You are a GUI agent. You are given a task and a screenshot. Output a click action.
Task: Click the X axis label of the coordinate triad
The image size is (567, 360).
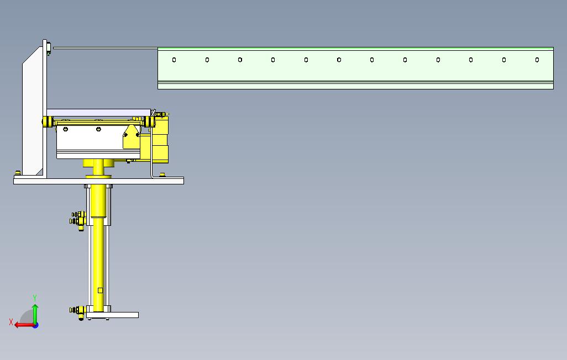(11, 321)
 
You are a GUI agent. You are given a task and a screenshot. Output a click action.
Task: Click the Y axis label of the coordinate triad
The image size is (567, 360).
(35, 298)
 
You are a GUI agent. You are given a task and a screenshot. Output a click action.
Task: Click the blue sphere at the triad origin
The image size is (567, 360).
(35, 325)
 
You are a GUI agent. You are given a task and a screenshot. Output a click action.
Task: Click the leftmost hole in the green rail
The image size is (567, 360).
(174, 60)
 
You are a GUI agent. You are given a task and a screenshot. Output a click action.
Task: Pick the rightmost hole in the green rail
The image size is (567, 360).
(537, 60)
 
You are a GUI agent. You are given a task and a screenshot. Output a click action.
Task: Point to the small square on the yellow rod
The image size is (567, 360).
(100, 290)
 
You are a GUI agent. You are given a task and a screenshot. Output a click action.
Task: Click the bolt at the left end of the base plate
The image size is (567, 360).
(18, 173)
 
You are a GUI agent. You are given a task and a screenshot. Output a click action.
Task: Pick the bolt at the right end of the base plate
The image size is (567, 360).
(162, 175)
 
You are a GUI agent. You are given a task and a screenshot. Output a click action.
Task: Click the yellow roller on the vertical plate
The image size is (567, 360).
(48, 121)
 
